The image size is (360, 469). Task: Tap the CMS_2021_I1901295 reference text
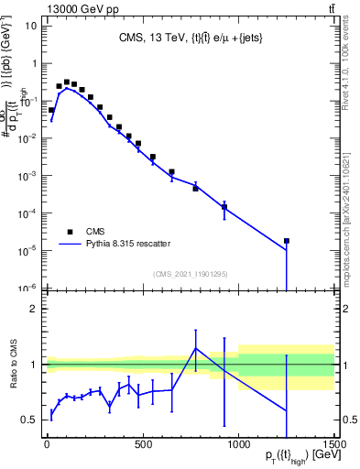[x=191, y=273]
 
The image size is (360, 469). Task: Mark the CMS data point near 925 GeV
[x=224, y=207]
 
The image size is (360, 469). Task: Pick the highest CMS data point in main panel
[x=66, y=82]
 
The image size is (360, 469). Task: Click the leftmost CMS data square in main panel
[x=51, y=110]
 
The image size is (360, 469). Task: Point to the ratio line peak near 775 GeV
[x=195, y=348]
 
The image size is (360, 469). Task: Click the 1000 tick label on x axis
[x=238, y=444]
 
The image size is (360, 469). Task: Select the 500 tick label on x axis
[x=143, y=444]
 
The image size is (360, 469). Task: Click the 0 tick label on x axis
[x=47, y=444]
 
